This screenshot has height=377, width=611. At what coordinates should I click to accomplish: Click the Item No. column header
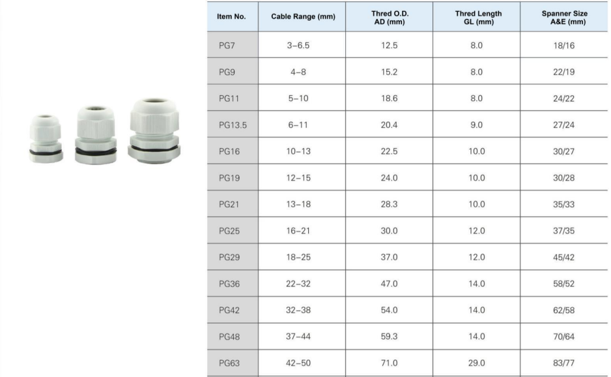(x=231, y=16)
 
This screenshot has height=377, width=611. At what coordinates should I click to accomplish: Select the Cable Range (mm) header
(x=303, y=16)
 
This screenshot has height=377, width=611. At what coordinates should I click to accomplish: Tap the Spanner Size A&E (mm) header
(x=564, y=18)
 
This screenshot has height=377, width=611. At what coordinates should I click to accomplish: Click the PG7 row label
(x=227, y=46)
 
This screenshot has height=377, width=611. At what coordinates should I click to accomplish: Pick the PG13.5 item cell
(x=233, y=125)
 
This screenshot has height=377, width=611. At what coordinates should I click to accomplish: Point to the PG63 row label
(x=229, y=363)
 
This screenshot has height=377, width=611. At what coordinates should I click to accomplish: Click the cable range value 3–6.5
(x=298, y=46)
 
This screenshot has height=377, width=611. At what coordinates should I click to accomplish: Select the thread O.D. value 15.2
(x=390, y=72)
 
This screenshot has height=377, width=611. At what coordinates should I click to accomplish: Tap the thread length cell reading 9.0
(x=476, y=125)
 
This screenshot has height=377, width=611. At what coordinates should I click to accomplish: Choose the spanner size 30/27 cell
(x=563, y=151)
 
